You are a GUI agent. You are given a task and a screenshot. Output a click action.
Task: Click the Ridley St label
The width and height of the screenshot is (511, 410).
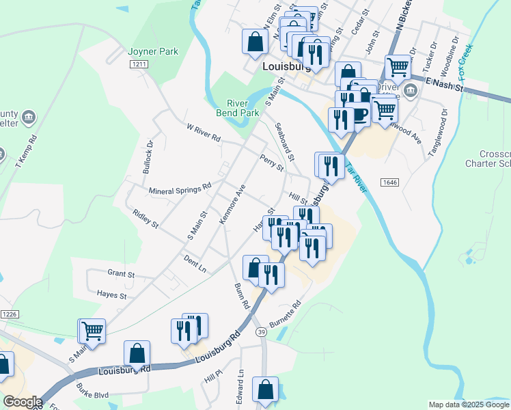[146, 219]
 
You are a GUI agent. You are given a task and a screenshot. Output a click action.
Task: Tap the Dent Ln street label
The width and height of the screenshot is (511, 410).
[195, 263]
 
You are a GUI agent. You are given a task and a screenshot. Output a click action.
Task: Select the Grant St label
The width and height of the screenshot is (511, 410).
[121, 274]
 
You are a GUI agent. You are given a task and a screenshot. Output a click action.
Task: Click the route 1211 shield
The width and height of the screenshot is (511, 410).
[139, 64]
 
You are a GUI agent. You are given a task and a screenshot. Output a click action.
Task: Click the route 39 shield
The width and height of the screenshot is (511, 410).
[260, 331]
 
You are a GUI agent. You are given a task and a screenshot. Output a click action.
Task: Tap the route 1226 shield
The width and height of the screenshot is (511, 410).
[8, 314]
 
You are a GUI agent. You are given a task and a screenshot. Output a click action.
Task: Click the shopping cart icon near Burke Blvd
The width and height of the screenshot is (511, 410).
[92, 331]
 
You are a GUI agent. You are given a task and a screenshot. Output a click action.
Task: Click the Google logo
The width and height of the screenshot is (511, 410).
[23, 402]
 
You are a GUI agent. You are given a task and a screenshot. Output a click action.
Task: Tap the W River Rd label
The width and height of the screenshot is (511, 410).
[204, 133]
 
